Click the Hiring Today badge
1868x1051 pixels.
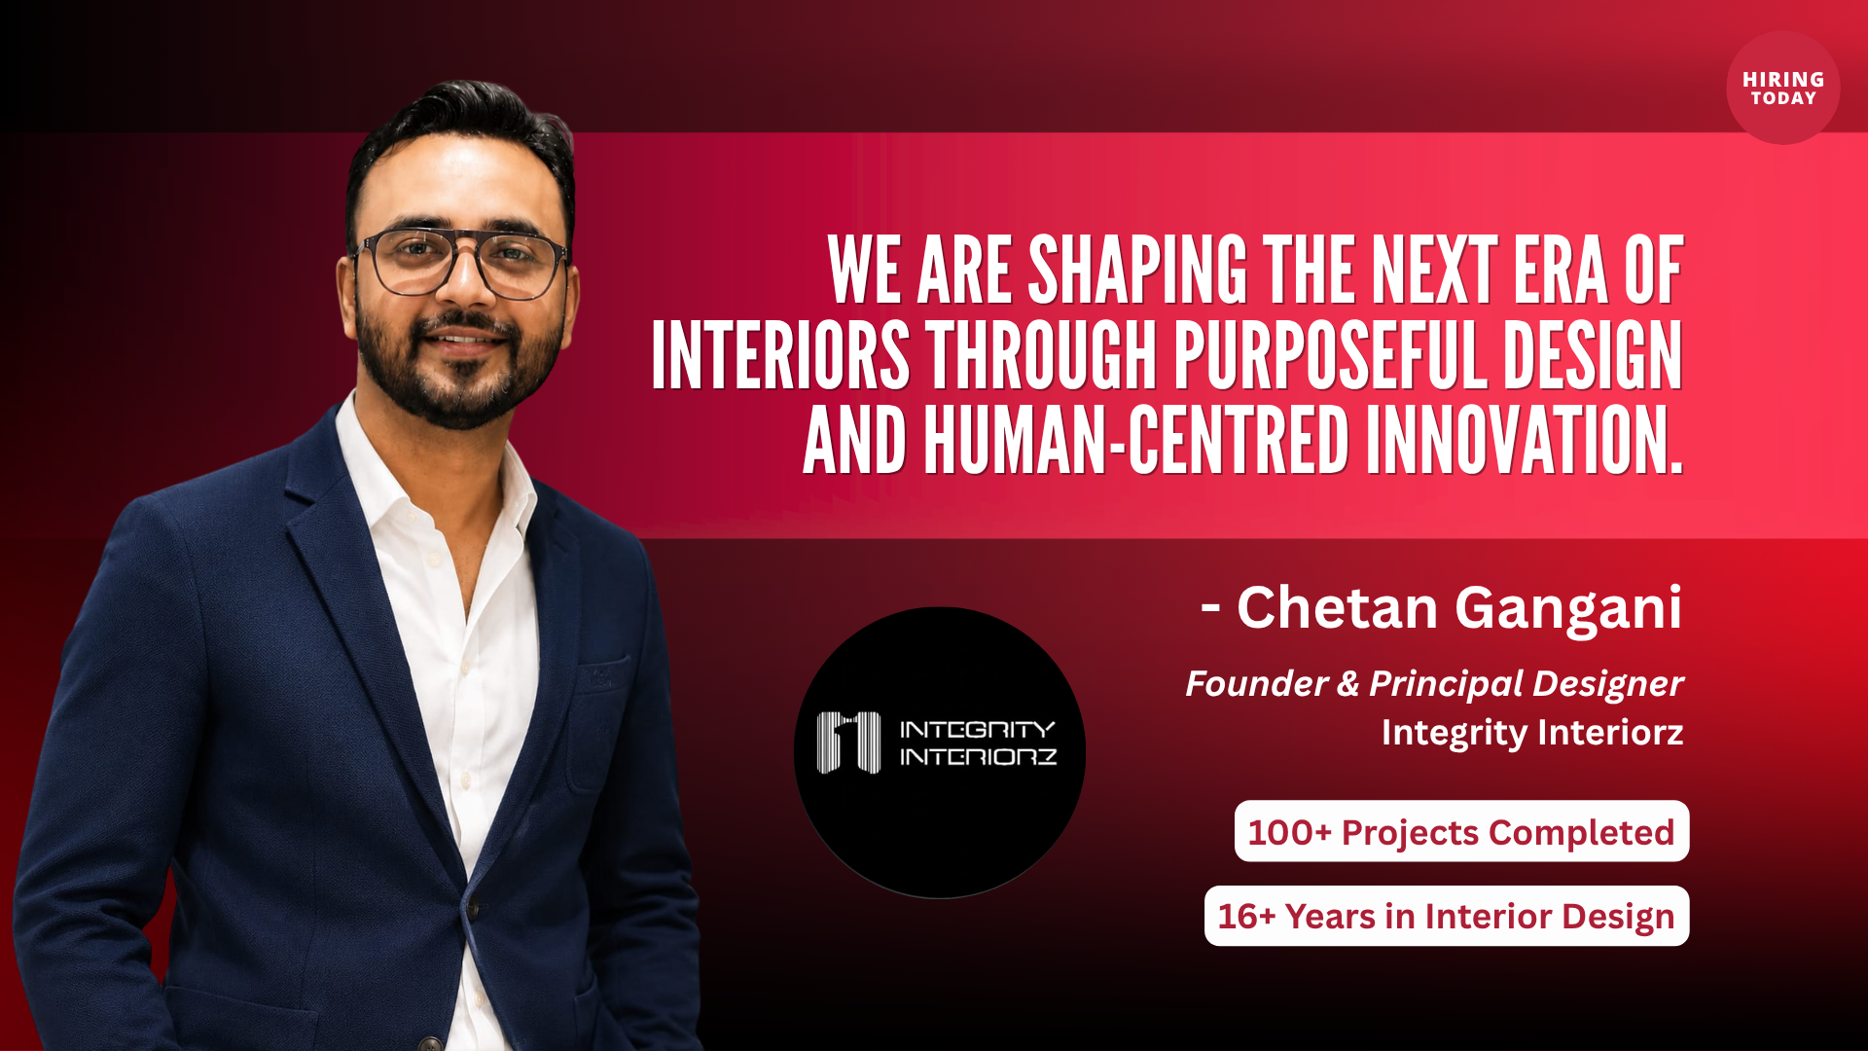click(1782, 88)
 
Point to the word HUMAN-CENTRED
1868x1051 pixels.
click(1135, 441)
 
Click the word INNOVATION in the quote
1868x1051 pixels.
click(1525, 441)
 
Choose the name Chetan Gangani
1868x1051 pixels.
click(1459, 608)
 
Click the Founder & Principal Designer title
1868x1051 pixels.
click(1434, 683)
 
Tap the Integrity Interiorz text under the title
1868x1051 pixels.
click(1532, 733)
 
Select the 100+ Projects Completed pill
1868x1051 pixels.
click(1461, 831)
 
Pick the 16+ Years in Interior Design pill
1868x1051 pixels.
click(1447, 916)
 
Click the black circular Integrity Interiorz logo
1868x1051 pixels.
click(940, 752)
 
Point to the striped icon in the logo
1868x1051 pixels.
click(848, 743)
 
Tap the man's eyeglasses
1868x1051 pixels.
click(462, 262)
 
